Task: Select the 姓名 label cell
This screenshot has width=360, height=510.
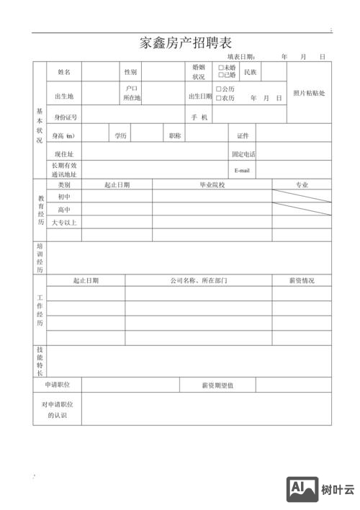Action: tap(63, 72)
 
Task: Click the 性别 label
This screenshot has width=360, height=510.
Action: tap(130, 72)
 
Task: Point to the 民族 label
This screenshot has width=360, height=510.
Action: tap(251, 72)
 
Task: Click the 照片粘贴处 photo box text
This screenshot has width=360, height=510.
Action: tap(309, 93)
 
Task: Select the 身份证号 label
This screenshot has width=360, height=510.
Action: tap(65, 117)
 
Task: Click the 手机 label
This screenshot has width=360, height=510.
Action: tap(199, 117)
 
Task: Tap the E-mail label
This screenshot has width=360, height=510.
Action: tap(242, 171)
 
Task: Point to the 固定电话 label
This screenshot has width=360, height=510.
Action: tap(243, 154)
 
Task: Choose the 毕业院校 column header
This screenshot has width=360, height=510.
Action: tap(212, 185)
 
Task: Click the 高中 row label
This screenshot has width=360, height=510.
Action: tap(64, 210)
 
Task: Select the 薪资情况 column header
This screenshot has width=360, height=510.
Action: tap(302, 280)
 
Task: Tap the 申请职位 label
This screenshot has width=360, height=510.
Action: tap(57, 385)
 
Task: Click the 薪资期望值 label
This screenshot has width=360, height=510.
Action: tap(217, 385)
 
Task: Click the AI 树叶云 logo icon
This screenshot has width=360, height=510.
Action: tap(302, 489)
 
